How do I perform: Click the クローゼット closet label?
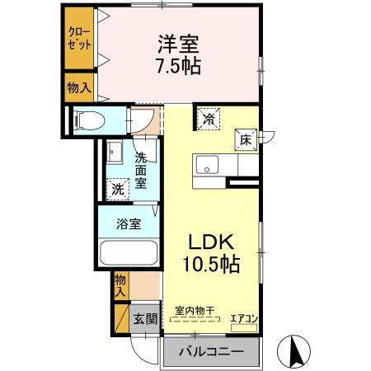pyautogui.click(x=79, y=37)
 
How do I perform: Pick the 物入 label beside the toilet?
pyautogui.click(x=79, y=87)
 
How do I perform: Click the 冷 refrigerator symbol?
pyautogui.click(x=209, y=120)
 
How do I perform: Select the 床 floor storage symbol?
pyautogui.click(x=245, y=140)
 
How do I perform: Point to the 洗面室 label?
pyautogui.click(x=141, y=170)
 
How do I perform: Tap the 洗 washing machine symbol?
pyautogui.click(x=120, y=189)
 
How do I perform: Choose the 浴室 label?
pyautogui.click(x=128, y=223)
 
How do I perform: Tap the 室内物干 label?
pyautogui.click(x=195, y=311)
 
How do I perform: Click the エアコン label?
pyautogui.click(x=243, y=317)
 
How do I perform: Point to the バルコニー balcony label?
pyautogui.click(x=213, y=352)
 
